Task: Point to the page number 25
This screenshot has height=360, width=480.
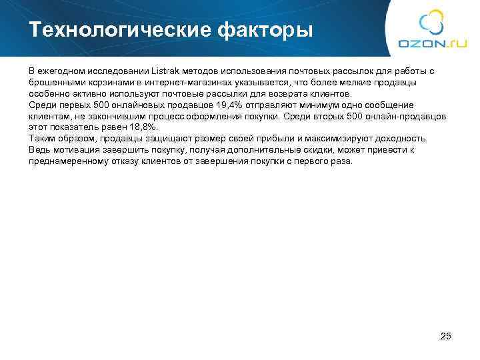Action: (x=446, y=336)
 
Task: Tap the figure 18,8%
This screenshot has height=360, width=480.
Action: (x=144, y=127)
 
